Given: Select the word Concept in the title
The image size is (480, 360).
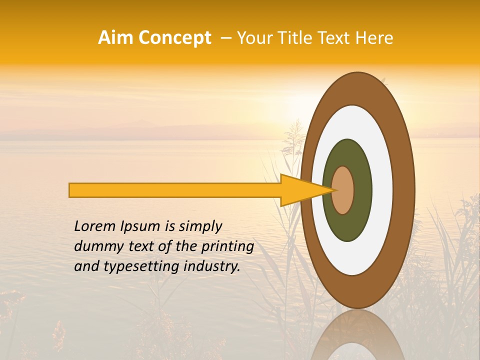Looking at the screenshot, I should (174, 38).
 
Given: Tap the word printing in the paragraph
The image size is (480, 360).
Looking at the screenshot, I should (227, 246).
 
